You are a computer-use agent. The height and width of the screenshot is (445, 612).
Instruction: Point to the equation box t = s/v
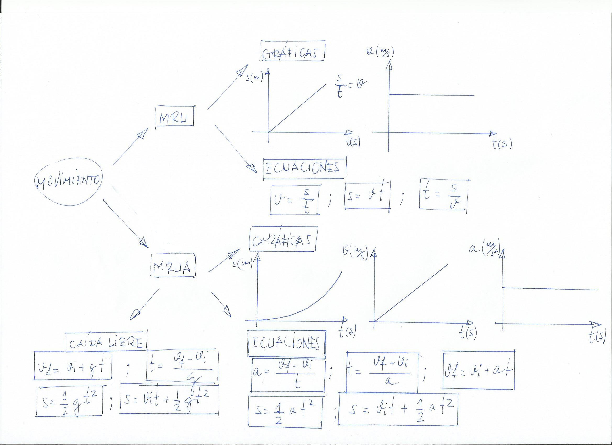pos(443,195)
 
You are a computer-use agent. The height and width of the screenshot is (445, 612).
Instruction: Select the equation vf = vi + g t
pos(72,366)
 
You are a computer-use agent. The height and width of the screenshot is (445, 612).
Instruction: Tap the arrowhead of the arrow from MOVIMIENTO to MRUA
pos(144,242)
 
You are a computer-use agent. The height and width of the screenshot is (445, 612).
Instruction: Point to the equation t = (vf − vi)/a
pos(382,372)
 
